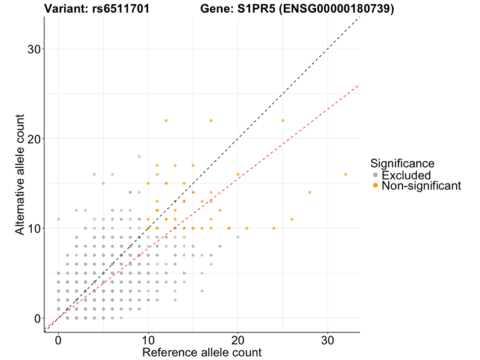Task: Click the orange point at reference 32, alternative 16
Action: [346, 175]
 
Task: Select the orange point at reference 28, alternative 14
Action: [310, 193]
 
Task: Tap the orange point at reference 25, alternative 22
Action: [283, 121]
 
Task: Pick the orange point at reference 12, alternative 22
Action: [166, 121]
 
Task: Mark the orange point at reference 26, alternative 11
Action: [292, 220]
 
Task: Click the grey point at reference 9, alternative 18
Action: [139, 157]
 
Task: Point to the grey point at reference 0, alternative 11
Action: [58, 220]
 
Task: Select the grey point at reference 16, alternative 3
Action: [202, 291]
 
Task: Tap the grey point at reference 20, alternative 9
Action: [238, 238]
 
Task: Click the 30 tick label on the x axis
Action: [328, 339]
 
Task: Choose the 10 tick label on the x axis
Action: [148, 339]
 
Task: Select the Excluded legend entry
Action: [406, 175]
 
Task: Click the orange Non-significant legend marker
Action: [376, 186]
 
